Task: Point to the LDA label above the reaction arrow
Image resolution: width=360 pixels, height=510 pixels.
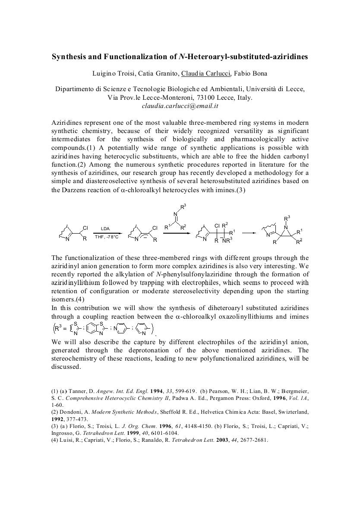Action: click(105, 228)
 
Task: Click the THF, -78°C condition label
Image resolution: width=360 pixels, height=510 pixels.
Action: click(107, 237)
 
